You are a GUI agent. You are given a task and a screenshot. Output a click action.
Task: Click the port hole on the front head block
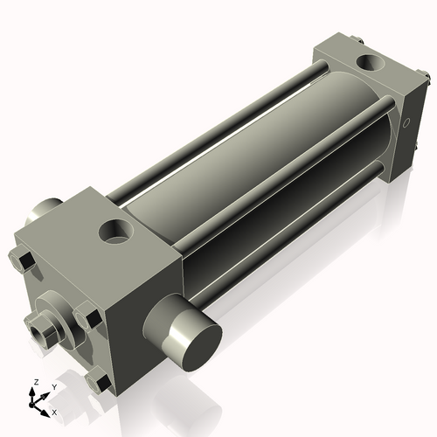(115, 232)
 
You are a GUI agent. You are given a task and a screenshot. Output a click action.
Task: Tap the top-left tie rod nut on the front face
(22, 260)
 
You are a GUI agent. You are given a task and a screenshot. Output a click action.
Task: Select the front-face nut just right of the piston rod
(87, 317)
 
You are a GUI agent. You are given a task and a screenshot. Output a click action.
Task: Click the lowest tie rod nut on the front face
(99, 382)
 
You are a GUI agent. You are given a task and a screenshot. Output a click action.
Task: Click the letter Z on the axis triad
(36, 383)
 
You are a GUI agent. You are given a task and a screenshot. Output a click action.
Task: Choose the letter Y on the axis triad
(53, 386)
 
